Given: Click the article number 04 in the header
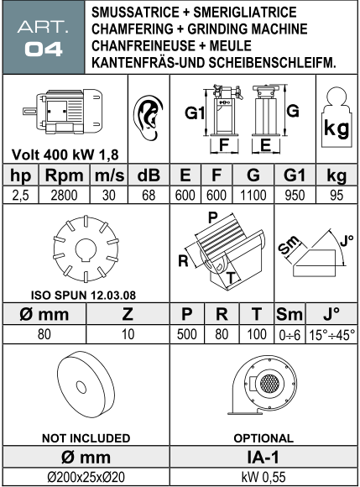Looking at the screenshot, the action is coord(44,50).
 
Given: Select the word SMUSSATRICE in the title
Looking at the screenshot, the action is coord(135,12).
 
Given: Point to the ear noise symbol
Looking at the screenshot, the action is coord(149,118).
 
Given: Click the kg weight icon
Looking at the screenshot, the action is coord(337,118).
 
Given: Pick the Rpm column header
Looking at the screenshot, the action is coord(65,175).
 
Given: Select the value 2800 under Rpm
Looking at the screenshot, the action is coord(65,196).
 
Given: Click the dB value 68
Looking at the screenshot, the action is coord(149,196).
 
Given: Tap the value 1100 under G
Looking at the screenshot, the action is coord(253,196).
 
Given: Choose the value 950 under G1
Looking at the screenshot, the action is coord(295,196).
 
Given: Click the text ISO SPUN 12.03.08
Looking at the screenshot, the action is coord(83,295).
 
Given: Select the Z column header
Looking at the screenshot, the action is coord(128,314).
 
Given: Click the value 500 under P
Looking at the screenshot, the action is coord(187,334).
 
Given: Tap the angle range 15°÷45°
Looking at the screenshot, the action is coord(331,335).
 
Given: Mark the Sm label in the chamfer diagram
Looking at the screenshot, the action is coord(289,245).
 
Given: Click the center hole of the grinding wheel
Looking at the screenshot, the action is coord(81,387).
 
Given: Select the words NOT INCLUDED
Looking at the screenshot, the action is coord(86,438).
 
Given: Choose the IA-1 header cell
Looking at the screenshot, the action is coord(263,457).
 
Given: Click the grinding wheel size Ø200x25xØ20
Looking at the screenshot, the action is coord(86,477).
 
